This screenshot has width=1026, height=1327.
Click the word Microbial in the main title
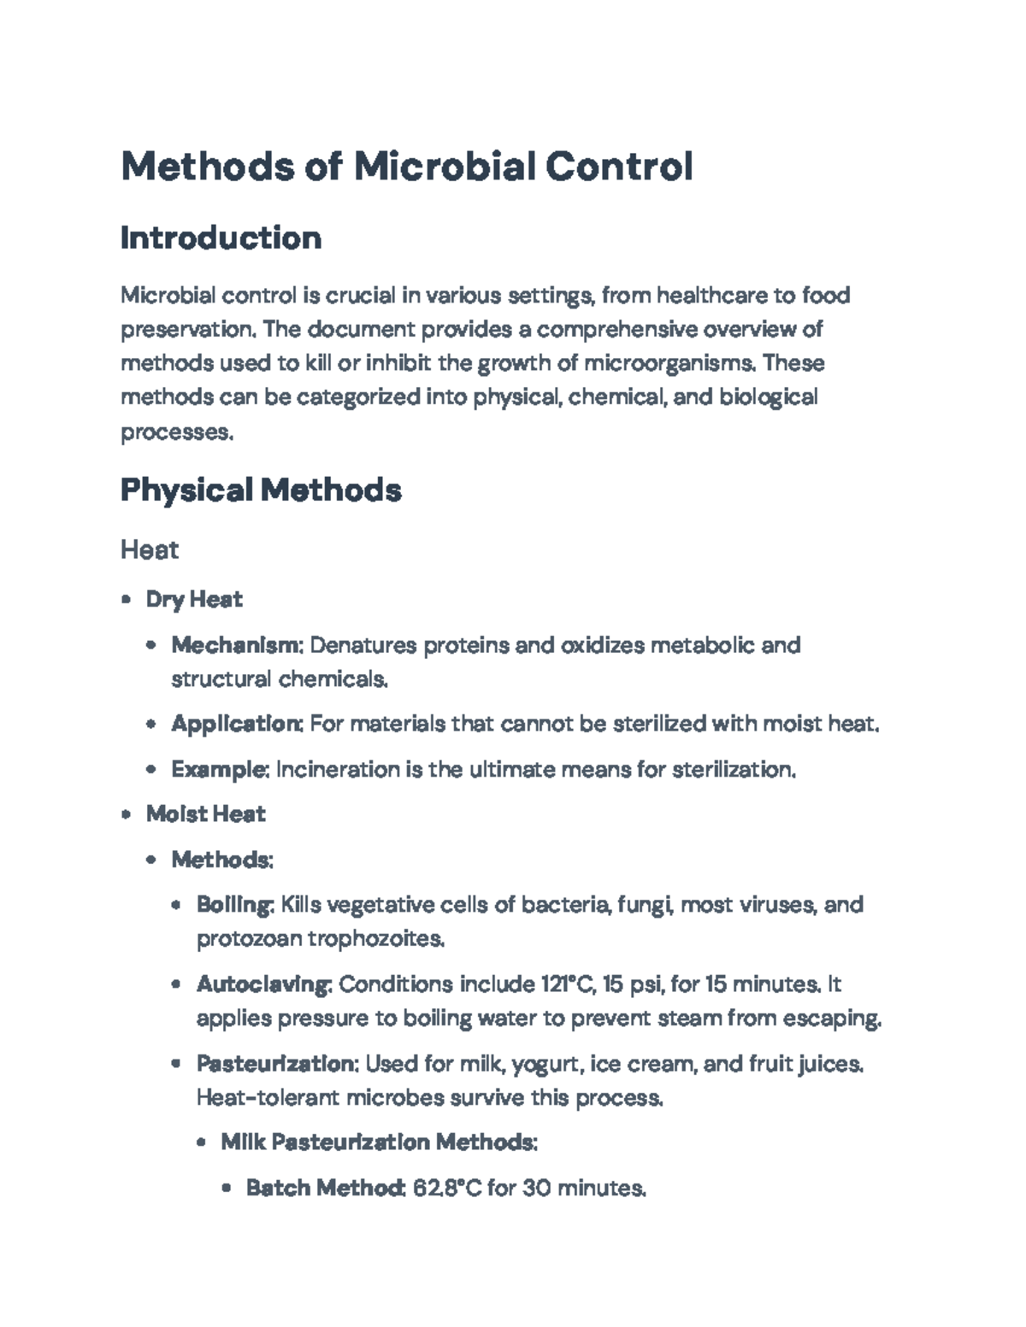coord(444,166)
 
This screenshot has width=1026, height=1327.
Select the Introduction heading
coord(221,238)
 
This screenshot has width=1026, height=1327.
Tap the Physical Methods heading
coord(261,490)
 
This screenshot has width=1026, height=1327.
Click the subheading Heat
coord(149,549)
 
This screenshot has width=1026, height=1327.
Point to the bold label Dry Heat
coord(194,600)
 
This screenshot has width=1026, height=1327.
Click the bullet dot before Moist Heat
coord(127,814)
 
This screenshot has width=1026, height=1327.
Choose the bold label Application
coord(236,725)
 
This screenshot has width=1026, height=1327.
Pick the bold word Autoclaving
coord(262,984)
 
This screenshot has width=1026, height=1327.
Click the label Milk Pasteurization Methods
coord(378,1142)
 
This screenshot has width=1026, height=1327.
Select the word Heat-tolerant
coord(267,1098)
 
